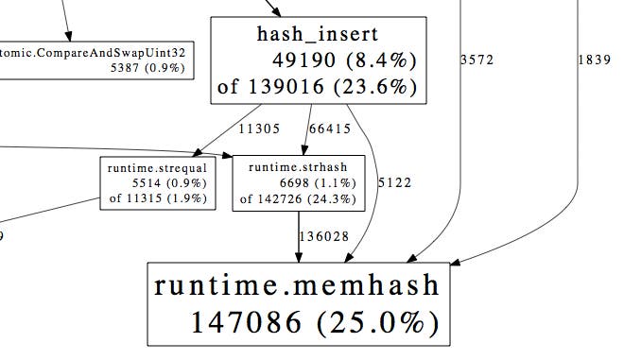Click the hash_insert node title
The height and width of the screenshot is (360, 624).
(x=317, y=35)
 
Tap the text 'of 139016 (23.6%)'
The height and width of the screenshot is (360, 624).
(x=317, y=88)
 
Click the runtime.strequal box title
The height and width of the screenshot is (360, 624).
(x=157, y=168)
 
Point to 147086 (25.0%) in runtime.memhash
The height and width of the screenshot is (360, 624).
(x=316, y=322)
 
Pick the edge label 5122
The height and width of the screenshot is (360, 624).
(x=394, y=181)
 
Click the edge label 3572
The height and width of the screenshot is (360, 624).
(x=477, y=60)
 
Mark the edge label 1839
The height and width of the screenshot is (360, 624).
(x=594, y=60)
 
